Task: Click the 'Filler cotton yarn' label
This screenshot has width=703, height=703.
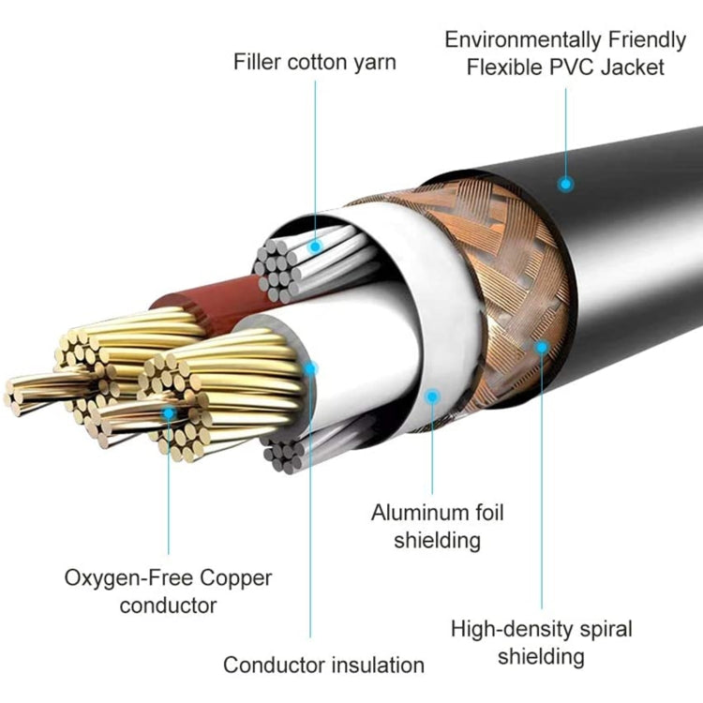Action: [315, 63]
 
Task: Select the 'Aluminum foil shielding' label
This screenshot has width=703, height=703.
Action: [437, 526]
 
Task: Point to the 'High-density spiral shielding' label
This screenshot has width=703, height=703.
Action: [542, 642]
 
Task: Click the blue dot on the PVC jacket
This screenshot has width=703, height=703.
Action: [565, 184]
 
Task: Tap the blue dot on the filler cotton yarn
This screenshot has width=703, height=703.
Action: [315, 247]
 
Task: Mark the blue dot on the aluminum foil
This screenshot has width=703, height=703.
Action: [432, 396]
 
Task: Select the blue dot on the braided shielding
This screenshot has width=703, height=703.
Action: [541, 346]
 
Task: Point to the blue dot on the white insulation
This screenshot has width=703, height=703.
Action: [311, 368]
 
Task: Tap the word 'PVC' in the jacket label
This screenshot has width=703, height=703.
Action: [592, 67]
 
